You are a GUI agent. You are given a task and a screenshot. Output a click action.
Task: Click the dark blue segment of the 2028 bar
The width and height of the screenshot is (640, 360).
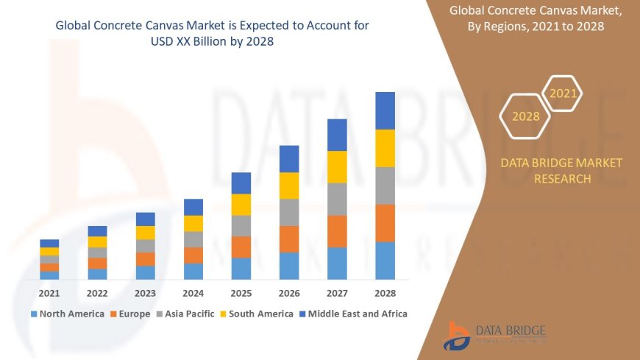385,110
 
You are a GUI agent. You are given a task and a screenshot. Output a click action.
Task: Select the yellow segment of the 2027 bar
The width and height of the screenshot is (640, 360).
337,166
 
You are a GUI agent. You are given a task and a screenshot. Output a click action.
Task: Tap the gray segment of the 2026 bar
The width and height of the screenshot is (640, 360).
289,212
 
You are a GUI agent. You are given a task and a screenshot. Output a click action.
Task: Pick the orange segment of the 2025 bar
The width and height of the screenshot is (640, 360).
241,247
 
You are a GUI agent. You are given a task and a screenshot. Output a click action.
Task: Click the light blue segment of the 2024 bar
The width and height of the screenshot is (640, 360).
193,271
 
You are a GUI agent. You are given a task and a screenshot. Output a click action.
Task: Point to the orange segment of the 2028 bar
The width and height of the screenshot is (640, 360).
385,223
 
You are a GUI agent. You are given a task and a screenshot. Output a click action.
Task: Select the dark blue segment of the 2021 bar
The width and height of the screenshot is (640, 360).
49,243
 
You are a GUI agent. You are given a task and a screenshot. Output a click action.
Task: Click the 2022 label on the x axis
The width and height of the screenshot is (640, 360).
97,293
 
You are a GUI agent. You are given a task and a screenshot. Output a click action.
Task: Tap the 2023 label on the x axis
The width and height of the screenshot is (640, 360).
145,293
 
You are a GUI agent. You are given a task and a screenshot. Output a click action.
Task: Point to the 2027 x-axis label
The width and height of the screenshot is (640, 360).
337,293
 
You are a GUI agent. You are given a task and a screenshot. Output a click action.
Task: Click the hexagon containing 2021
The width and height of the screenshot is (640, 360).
563,93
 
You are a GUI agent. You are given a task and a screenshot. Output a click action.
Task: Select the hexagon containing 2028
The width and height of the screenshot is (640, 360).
525,116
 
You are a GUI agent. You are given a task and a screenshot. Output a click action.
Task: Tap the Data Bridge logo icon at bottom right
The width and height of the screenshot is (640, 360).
457,336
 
